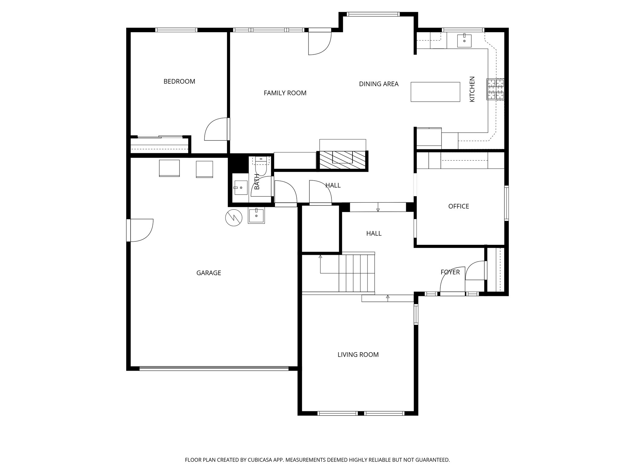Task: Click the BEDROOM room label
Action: (179, 82)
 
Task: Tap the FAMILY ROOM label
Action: (285, 93)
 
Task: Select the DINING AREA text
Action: (379, 84)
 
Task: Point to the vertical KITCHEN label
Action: (472, 89)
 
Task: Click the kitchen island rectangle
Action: (435, 92)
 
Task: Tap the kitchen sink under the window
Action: (464, 41)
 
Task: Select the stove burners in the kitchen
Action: (495, 89)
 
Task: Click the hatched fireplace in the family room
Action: (342, 160)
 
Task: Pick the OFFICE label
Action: (459, 206)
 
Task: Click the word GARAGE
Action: (209, 273)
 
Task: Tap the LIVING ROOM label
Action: (358, 355)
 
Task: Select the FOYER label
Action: (450, 272)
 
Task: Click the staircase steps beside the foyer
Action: (357, 273)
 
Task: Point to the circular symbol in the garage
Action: (234, 218)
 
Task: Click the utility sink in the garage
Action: (256, 216)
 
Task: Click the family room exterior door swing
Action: (319, 43)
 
